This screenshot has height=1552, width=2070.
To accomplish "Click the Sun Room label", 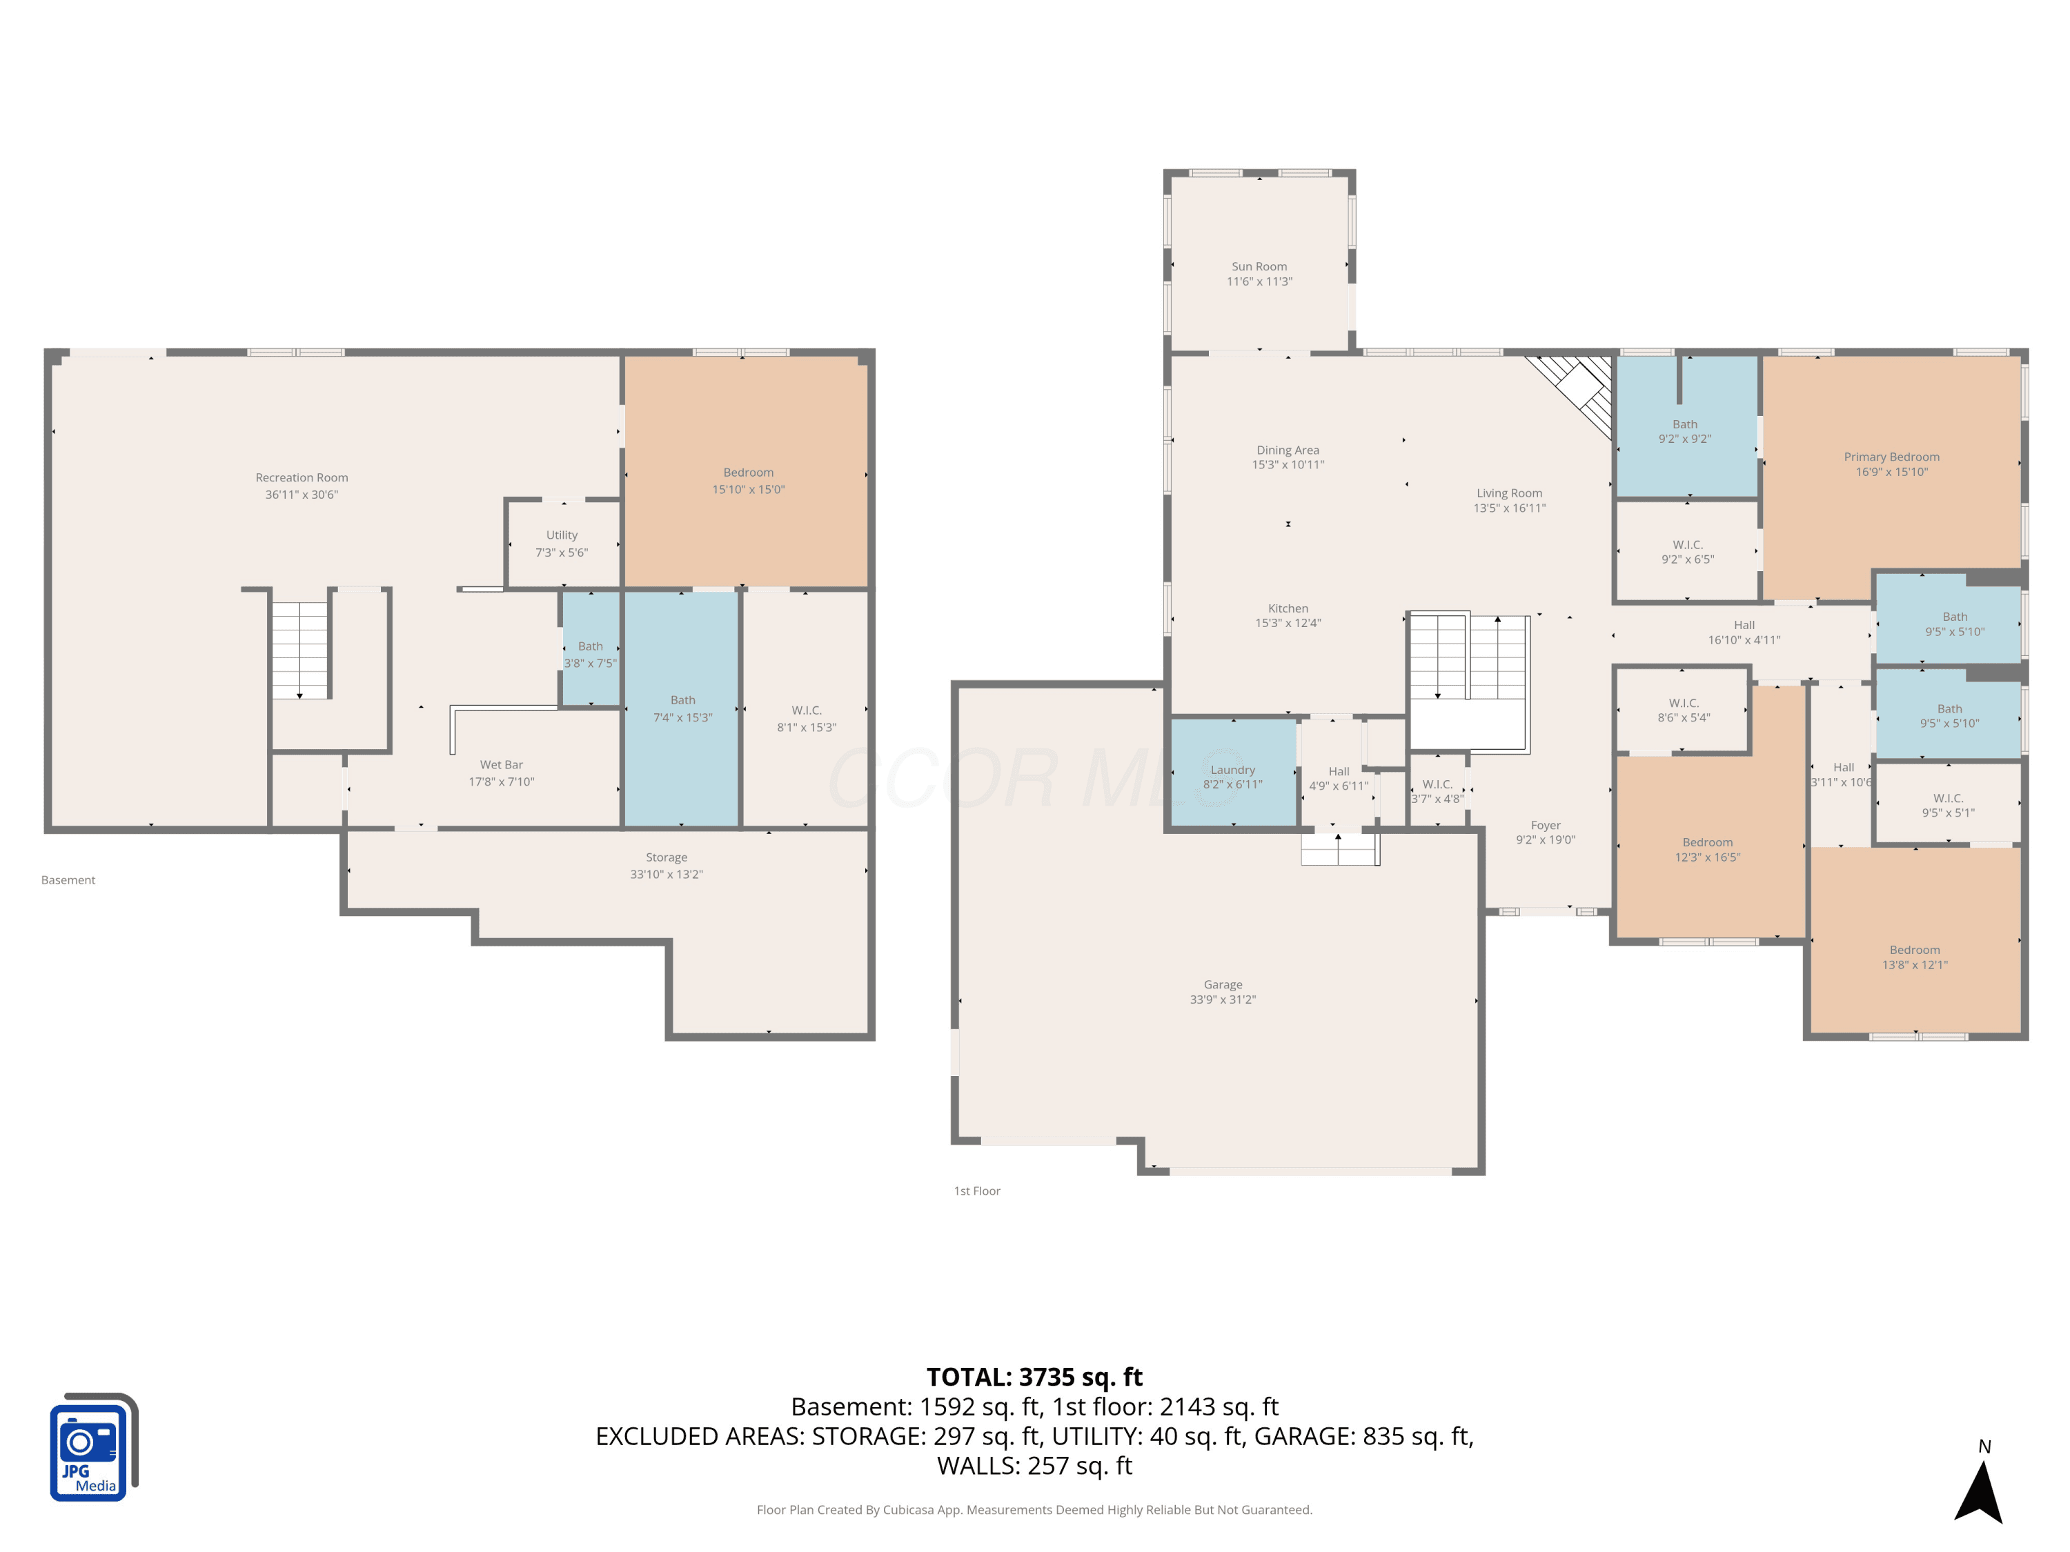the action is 1259,267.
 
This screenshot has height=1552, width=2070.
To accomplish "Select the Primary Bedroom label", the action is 1891,457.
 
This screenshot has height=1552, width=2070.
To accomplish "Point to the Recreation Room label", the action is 302,478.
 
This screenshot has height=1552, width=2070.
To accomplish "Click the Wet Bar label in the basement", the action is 501,765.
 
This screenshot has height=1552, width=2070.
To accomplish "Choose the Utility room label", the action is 562,535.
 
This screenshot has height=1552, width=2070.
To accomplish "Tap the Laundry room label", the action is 1232,770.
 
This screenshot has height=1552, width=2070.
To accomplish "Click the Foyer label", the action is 1545,825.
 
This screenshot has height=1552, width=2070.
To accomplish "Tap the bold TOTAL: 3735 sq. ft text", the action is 1034,1377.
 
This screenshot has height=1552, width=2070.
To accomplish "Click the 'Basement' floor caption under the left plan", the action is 68,880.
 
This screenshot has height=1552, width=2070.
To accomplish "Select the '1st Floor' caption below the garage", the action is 977,1191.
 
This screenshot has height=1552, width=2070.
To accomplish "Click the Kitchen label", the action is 1288,608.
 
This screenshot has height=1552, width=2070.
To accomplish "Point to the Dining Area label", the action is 1288,450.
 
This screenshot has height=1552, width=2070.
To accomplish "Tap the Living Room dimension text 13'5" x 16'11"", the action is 1510,508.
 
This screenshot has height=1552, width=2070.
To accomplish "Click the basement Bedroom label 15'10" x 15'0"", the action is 748,472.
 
